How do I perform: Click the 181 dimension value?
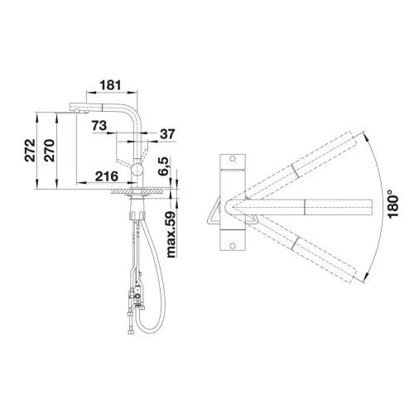110,85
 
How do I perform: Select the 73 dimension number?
99,126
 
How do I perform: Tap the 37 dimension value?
167,134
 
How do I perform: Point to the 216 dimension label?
107,176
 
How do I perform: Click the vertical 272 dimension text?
30,150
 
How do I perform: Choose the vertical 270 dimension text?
50,150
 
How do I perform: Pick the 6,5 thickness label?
163,166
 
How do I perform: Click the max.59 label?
171,234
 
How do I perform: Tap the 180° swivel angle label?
393,205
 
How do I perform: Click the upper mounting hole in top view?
233,159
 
